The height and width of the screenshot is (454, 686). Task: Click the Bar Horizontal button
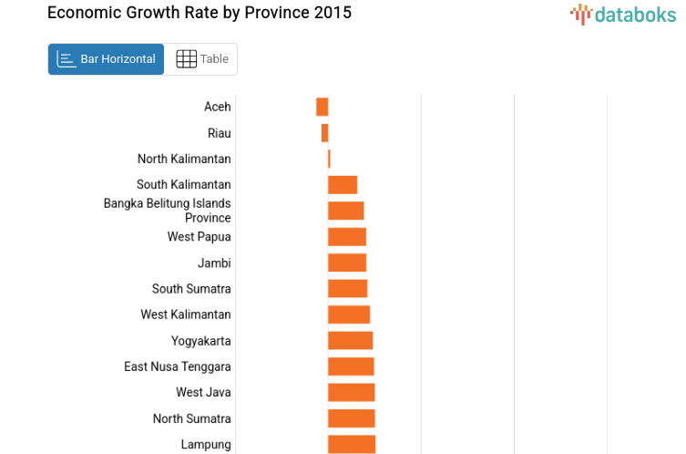point(106,59)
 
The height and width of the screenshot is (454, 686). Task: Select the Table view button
point(201,59)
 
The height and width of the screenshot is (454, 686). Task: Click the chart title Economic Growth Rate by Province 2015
point(199,13)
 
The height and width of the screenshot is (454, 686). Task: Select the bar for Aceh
point(322,107)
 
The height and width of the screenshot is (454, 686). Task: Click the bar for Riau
point(324,133)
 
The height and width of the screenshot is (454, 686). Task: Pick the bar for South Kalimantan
point(343,185)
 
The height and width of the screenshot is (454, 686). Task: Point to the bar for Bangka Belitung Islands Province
point(345,211)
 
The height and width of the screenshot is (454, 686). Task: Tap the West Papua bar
point(347,237)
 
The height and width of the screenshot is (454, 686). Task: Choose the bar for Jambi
point(347,263)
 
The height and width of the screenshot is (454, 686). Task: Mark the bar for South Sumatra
point(347,289)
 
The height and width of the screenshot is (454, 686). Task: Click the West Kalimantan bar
point(349,315)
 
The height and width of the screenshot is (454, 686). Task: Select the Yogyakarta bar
point(350,341)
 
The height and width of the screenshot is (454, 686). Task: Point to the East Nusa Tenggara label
point(178,366)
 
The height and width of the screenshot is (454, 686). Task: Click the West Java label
point(203,392)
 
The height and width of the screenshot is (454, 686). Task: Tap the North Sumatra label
point(191,418)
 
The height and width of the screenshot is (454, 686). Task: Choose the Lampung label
point(206,444)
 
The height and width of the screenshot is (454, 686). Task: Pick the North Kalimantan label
point(184,159)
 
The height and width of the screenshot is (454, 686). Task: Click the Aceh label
point(217,107)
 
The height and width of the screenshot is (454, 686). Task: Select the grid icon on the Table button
point(186,59)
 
